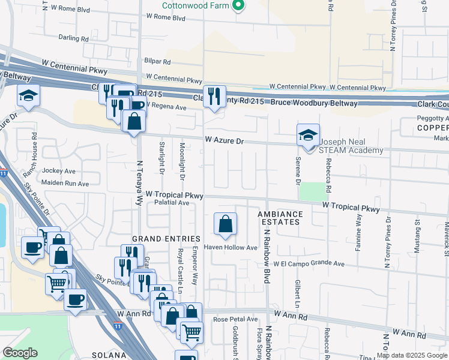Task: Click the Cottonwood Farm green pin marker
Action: (238, 6)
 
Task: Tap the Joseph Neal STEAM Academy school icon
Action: (308, 135)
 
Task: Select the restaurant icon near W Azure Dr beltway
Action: (214, 97)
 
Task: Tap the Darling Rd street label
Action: (74, 38)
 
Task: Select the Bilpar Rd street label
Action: (158, 62)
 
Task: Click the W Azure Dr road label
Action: (224, 140)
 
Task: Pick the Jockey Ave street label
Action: (59, 171)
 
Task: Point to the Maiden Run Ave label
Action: (65, 184)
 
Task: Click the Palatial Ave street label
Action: (171, 203)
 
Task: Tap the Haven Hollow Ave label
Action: (231, 248)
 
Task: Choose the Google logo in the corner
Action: (20, 353)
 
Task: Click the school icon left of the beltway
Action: (28, 96)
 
